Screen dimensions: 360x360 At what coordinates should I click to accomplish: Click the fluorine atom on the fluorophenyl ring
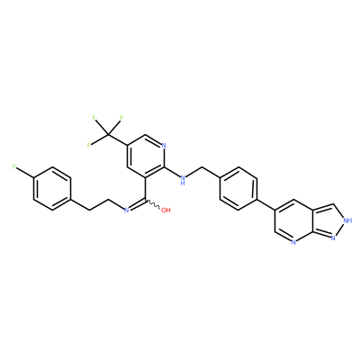coord(14,167)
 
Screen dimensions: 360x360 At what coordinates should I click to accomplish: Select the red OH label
coord(166,210)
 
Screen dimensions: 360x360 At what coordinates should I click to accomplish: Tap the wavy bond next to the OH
coord(153,204)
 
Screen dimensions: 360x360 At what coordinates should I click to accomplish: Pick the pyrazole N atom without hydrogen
coord(333,238)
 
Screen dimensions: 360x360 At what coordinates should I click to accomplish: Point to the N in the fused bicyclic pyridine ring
coord(293,241)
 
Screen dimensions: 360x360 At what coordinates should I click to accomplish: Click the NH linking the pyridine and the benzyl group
coord(182,180)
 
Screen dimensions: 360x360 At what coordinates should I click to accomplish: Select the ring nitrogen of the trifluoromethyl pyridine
coord(164,146)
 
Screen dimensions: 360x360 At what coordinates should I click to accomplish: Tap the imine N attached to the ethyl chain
coord(126,210)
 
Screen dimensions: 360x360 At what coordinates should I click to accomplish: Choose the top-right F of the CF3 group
coord(121,118)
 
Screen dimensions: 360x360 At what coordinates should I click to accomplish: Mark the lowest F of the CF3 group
coord(89,146)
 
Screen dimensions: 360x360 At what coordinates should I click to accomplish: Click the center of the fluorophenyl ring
coord(52,189)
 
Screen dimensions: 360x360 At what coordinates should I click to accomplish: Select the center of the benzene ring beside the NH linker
coord(238,189)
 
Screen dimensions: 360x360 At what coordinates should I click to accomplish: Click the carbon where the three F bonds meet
coord(108,135)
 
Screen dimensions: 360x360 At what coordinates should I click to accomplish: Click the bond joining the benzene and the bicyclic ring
coord(266,203)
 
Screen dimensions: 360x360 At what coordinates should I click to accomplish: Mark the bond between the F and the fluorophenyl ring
coord(25,174)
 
